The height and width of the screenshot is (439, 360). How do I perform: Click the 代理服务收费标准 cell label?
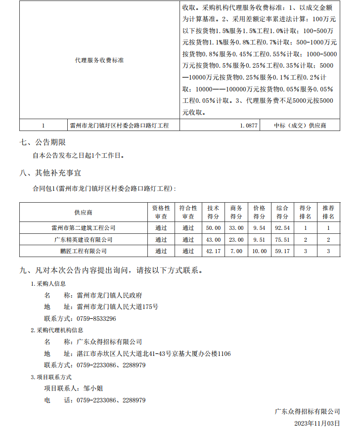point(99,60)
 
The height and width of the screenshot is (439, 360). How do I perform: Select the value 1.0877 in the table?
point(249,126)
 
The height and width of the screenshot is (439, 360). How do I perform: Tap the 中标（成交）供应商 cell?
point(300,126)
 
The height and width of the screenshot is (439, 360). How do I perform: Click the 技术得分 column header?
point(213,212)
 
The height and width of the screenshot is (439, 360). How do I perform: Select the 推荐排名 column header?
point(328,212)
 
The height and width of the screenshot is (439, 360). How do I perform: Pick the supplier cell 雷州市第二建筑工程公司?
point(84,228)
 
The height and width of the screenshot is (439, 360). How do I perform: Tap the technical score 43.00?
point(213,239)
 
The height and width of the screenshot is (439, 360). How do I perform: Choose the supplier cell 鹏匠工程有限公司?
point(84,251)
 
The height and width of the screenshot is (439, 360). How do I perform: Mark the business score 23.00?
point(236,239)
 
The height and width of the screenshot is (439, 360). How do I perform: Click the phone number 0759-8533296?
point(96,318)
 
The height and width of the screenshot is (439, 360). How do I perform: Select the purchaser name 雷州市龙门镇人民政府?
point(109,295)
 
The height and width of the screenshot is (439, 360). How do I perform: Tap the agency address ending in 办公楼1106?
point(154,353)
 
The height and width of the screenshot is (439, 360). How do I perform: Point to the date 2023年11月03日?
point(317,424)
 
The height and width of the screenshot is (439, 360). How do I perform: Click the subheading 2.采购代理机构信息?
point(57,330)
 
